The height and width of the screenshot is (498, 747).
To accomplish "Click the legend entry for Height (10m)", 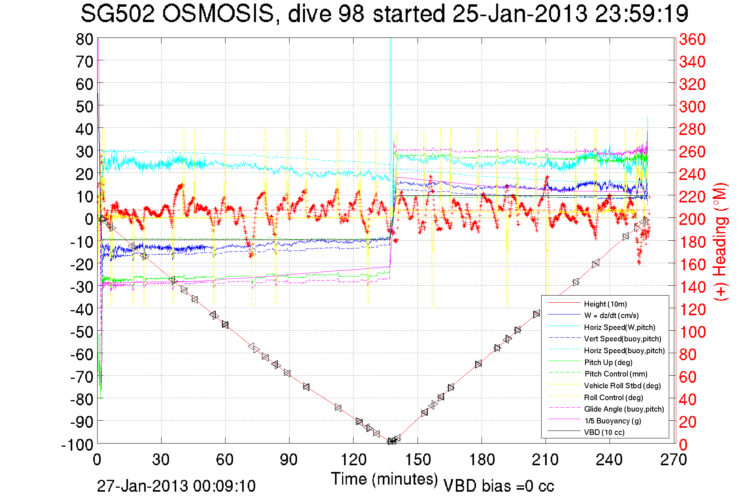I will coord(605,304).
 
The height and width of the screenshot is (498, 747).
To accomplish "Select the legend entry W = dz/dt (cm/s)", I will coord(611,315).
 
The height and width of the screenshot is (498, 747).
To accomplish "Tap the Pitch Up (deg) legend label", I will coord(608,362).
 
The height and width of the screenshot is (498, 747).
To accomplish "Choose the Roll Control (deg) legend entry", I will coord(613,397).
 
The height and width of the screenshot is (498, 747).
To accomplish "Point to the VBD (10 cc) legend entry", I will coord(604,432).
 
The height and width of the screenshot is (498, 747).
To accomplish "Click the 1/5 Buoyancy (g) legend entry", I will coord(613,421).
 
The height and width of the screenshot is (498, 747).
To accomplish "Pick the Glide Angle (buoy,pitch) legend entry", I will coord(624,409).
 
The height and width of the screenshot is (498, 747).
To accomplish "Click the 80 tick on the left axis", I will coord(84,39).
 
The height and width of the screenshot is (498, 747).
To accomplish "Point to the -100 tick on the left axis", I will coord(77,445).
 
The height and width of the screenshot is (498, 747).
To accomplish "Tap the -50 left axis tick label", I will coord(82,332).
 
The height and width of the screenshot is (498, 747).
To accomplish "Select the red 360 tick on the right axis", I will coord(692,39).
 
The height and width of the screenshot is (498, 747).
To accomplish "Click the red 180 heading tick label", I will coord(692,242).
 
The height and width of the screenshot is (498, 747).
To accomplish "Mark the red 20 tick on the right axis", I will coord(688,422).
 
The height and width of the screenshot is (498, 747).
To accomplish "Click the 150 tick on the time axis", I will coord(418,460).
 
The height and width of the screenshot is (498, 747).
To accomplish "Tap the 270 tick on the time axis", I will coord(674,460).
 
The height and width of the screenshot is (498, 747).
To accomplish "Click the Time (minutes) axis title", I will coord(384,479).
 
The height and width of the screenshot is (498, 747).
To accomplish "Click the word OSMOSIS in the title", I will coord(218,14).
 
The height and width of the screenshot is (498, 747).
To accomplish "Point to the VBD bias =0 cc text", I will coord(499,486).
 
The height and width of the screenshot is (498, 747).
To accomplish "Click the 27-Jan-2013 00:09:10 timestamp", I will coord(176,486).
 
